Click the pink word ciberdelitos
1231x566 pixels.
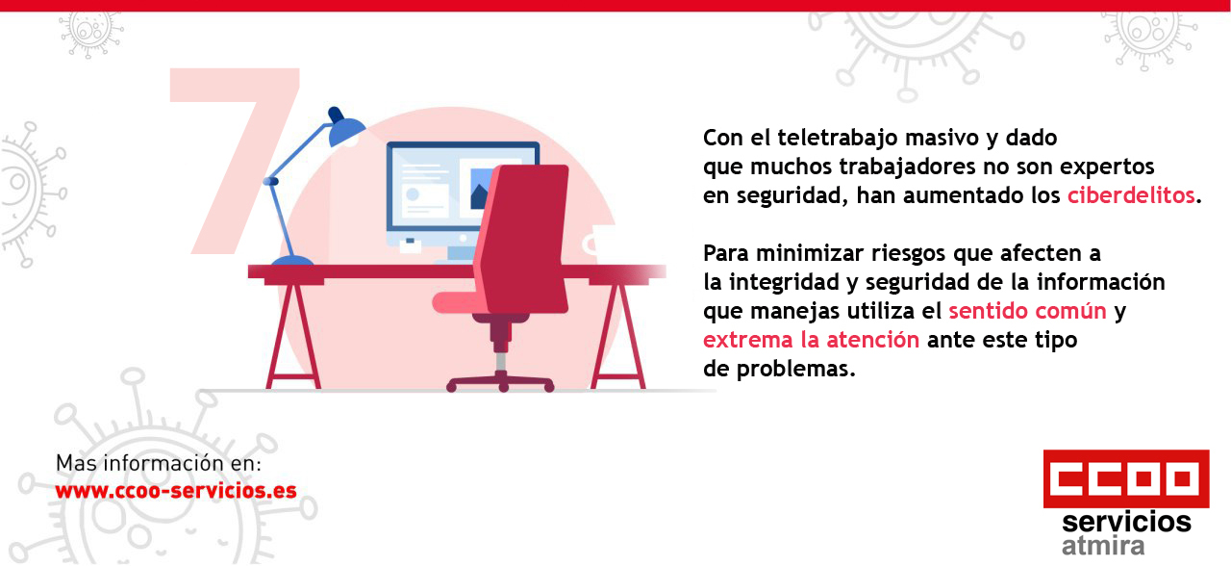click(x=1131, y=195)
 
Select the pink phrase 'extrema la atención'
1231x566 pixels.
click(x=811, y=340)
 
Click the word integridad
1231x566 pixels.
click(x=782, y=282)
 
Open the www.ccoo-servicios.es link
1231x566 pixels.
click(x=176, y=490)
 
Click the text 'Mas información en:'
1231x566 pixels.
click(x=159, y=463)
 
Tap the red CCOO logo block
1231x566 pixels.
click(x=1125, y=478)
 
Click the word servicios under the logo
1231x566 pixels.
click(x=1126, y=523)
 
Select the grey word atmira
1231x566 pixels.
click(x=1103, y=547)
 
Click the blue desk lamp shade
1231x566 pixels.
click(x=344, y=128)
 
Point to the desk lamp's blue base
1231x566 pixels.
click(x=291, y=261)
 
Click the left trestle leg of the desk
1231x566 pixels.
click(x=293, y=332)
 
